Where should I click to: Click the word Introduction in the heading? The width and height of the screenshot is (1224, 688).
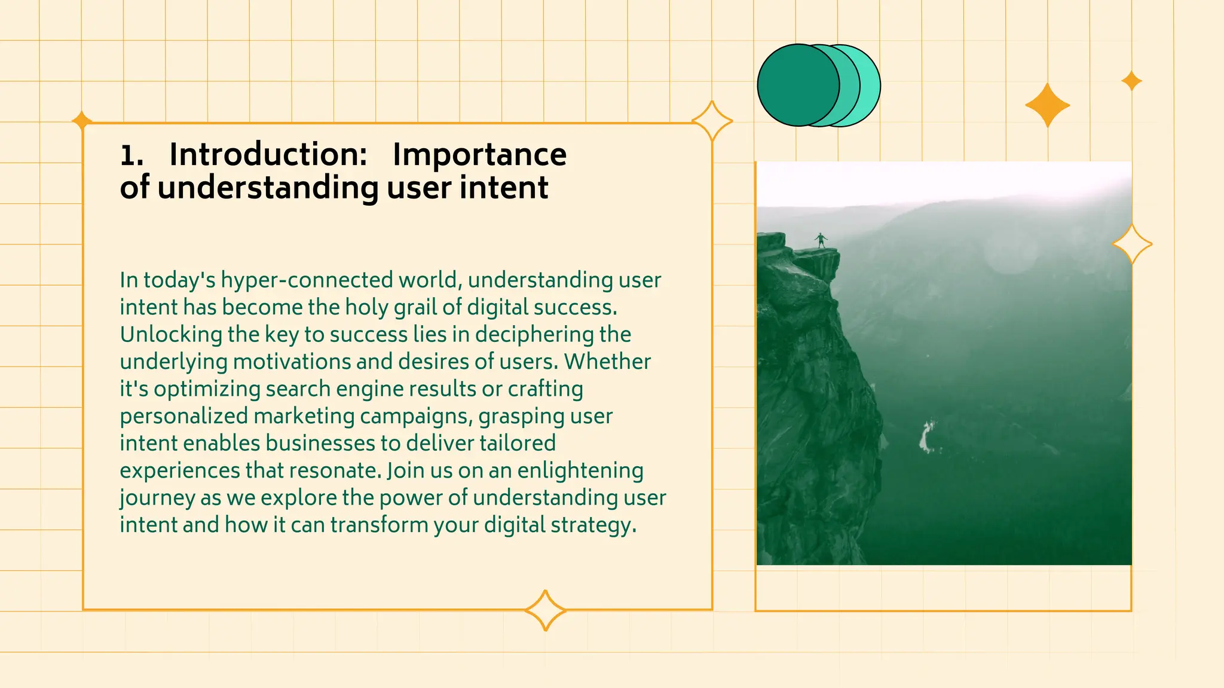click(268, 155)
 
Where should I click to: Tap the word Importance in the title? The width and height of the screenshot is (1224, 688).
click(479, 155)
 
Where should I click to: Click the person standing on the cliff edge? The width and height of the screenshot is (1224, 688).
click(821, 240)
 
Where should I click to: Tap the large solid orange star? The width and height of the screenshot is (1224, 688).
click(1047, 105)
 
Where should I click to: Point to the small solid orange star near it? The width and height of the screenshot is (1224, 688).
click(1131, 81)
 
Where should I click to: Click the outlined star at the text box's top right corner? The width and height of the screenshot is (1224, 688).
click(712, 121)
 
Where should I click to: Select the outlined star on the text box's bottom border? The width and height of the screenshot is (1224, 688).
click(545, 610)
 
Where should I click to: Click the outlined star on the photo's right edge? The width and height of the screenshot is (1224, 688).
click(1132, 244)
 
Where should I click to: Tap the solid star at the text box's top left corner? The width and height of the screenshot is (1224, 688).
click(82, 120)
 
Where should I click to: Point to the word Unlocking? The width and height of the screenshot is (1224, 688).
click(171, 335)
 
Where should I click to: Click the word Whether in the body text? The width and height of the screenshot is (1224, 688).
click(607, 362)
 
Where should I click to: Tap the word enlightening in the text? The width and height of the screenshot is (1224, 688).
click(580, 471)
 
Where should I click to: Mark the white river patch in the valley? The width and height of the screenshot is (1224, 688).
click(926, 436)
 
